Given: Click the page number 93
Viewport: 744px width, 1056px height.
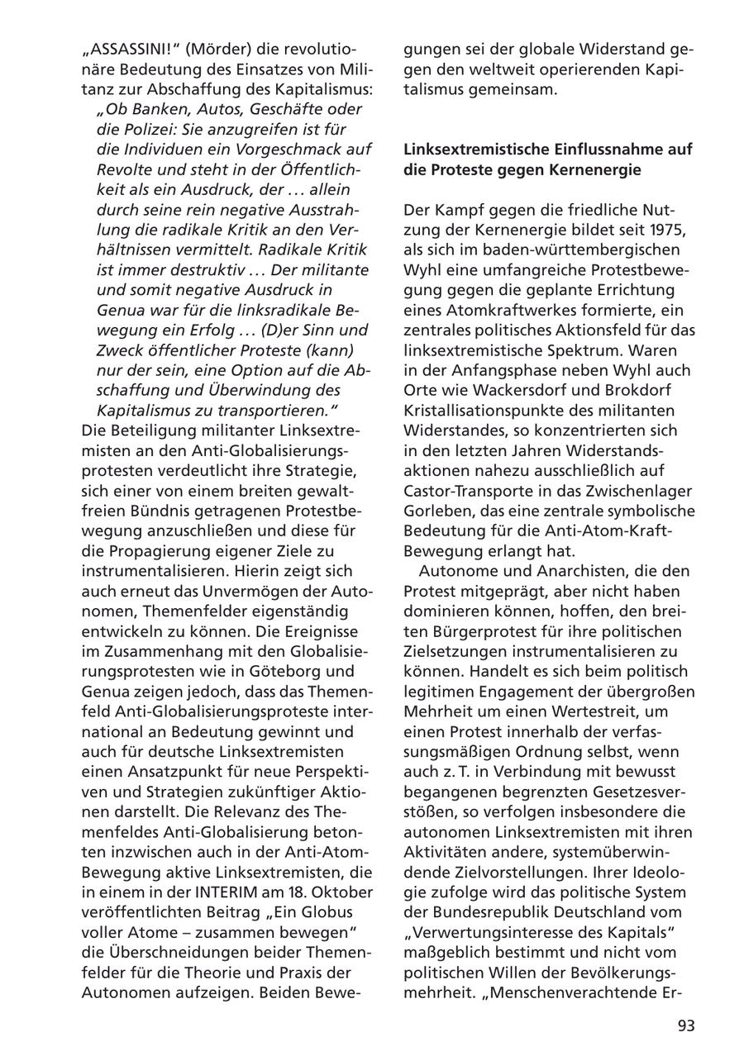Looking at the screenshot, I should (x=686, y=1025).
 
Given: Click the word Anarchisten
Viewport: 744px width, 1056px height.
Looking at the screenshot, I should (x=551, y=571).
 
